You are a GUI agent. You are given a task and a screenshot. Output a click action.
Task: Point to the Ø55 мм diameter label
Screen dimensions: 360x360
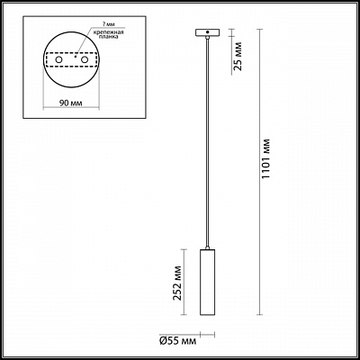coord(177,340)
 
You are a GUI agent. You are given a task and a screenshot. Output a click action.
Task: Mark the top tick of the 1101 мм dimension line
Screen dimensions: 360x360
coord(262,29)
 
